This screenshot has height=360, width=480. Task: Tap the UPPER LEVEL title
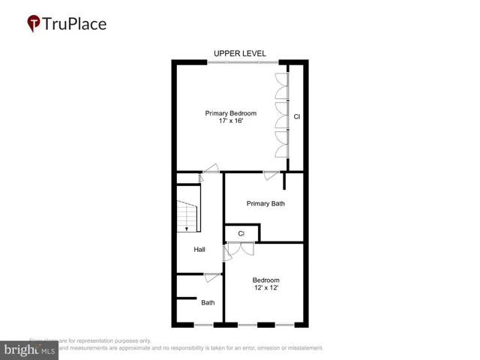point(240,53)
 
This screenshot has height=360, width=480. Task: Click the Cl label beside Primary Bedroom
point(296,116)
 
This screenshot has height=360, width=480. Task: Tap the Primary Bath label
point(265,203)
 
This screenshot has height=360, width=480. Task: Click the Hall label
point(199,250)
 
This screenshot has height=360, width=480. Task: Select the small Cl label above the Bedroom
point(241,234)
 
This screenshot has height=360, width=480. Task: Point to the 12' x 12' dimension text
point(265,289)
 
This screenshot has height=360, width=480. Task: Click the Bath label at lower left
point(208,303)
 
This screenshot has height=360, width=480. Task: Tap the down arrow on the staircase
point(187,227)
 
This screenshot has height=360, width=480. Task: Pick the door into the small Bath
point(212,277)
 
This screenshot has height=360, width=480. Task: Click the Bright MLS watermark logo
point(30,349)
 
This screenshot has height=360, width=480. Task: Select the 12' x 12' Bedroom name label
point(265,280)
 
